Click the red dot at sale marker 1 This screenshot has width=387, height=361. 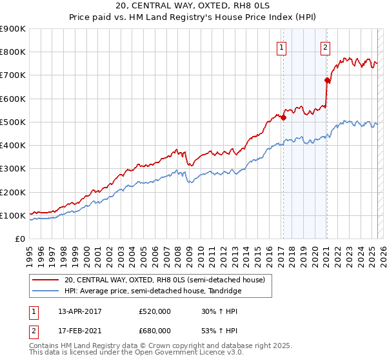click(x=283, y=117)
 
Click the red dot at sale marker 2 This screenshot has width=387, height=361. click(x=327, y=80)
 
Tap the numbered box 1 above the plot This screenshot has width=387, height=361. click(x=283, y=46)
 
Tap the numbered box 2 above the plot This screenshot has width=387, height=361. click(x=325, y=46)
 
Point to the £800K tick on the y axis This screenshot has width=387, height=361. click(x=12, y=52)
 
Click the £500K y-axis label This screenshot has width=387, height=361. click(x=12, y=122)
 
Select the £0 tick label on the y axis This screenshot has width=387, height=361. click(x=20, y=239)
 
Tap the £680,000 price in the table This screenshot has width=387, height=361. click(x=155, y=331)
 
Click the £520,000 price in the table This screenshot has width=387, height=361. click(x=155, y=311)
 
